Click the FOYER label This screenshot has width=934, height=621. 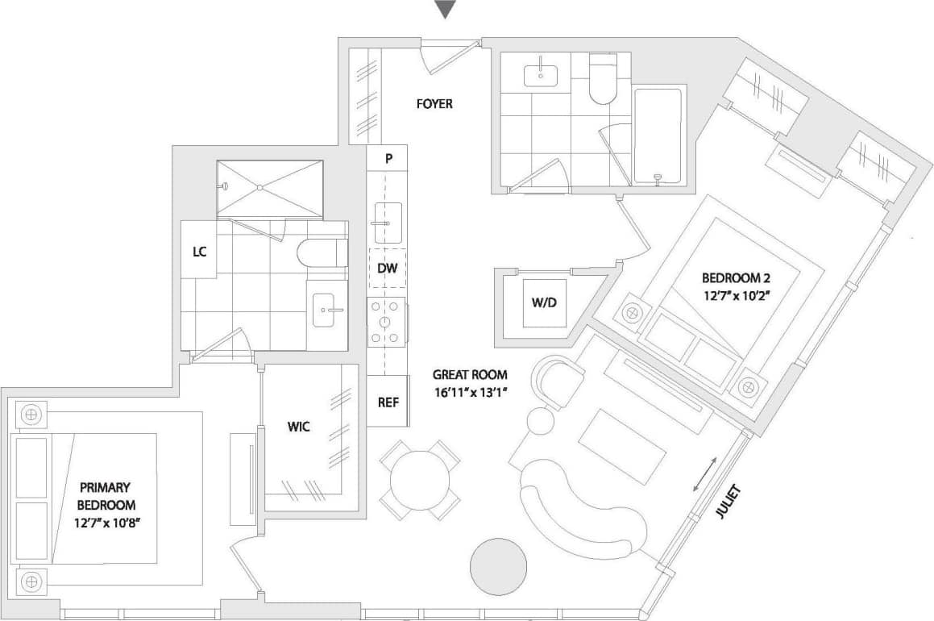[434, 104]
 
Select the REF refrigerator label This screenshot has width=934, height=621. [388, 401]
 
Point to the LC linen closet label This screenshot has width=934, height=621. [199, 251]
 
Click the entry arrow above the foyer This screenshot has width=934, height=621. [445, 10]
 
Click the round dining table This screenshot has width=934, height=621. [419, 480]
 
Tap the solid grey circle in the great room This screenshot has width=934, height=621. [498, 565]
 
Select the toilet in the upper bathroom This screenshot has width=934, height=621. [602, 79]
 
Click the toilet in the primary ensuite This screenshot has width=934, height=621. [322, 252]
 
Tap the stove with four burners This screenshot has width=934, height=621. [386, 322]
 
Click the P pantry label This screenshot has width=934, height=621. [388, 159]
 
